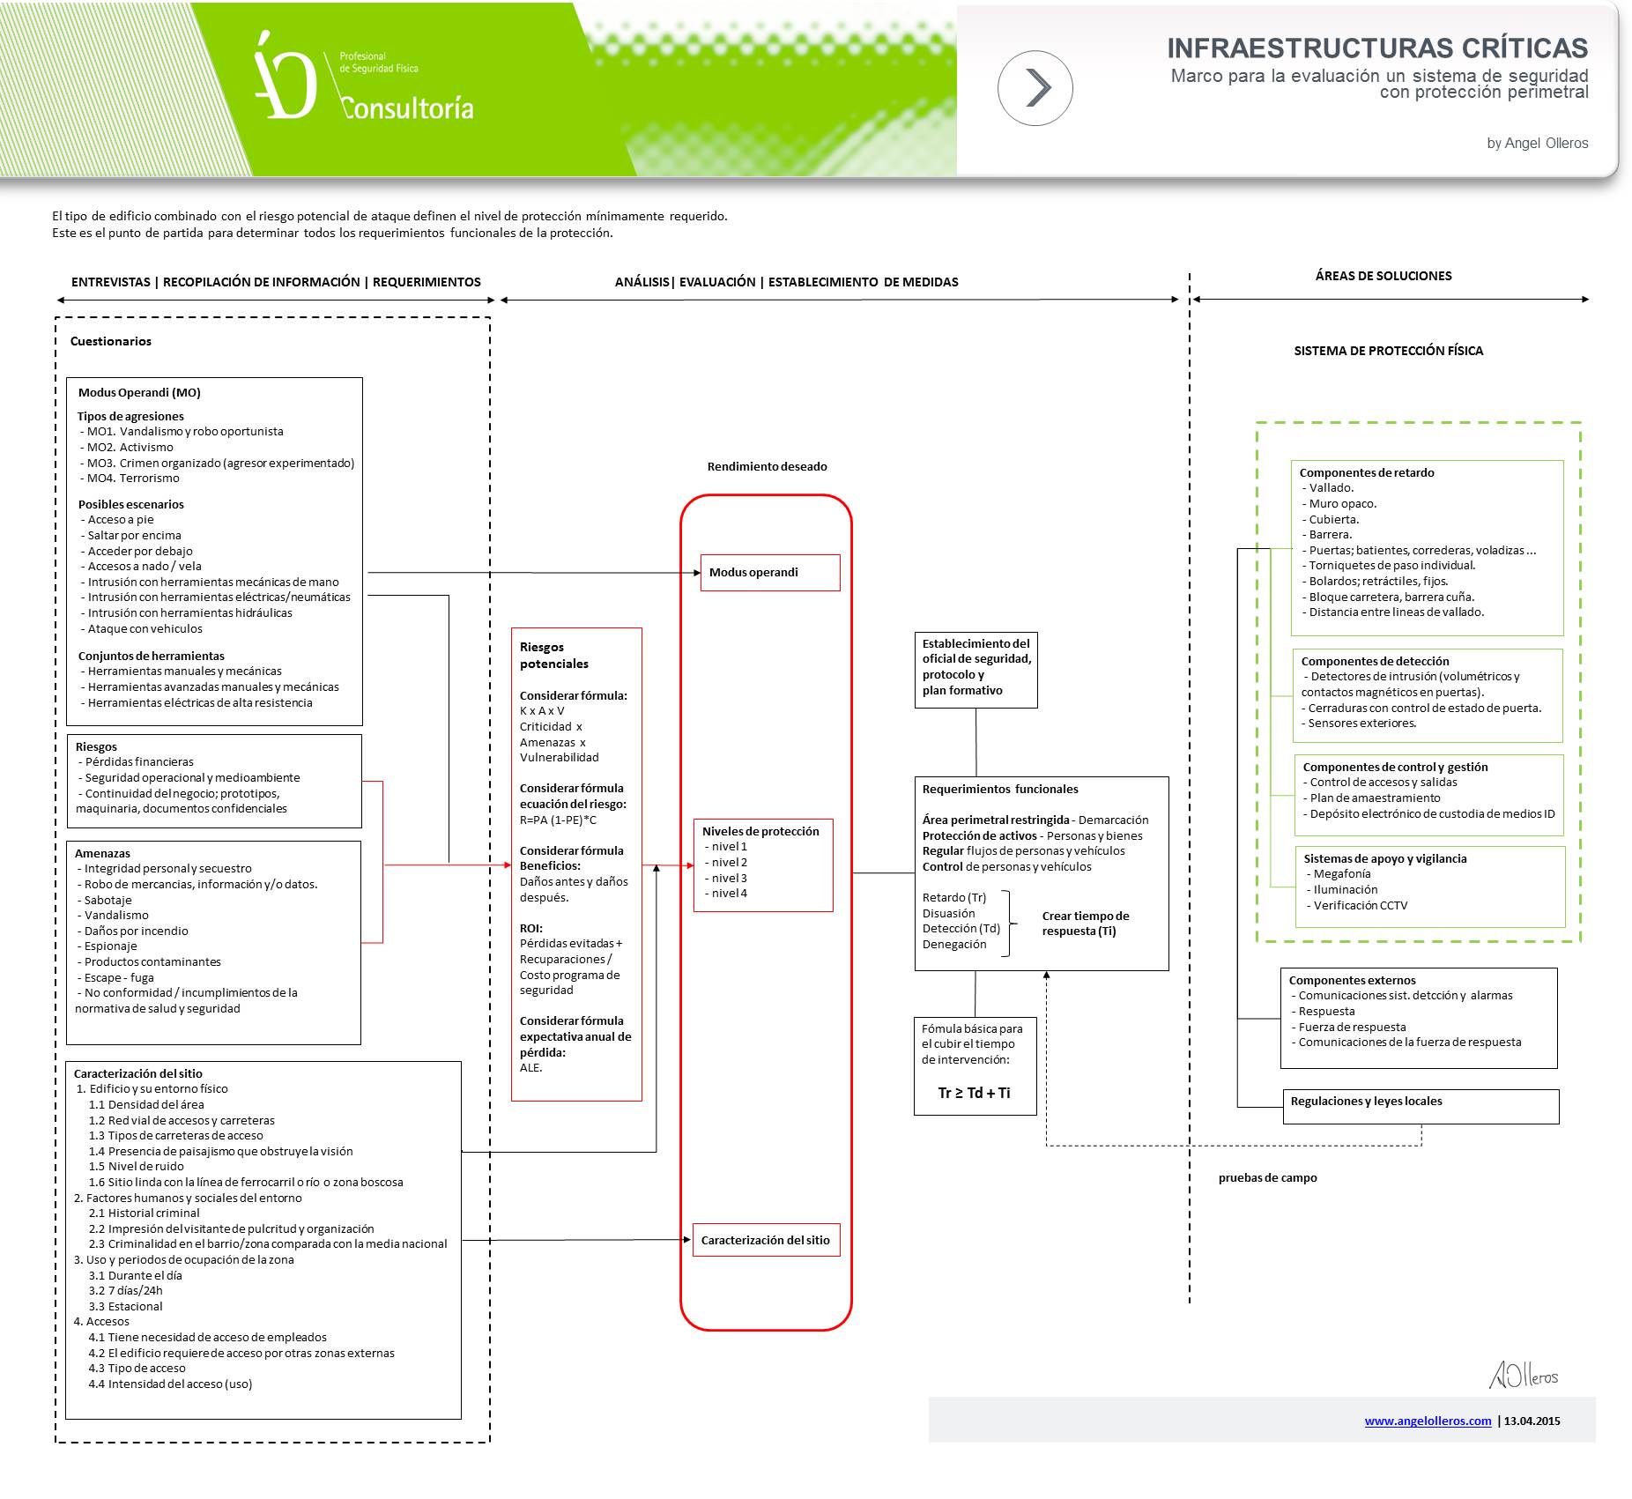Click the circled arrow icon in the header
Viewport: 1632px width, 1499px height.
pyautogui.click(x=1035, y=88)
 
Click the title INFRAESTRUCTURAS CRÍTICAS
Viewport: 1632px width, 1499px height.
pyautogui.click(x=1376, y=48)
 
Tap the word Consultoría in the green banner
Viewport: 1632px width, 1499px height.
pyautogui.click(x=407, y=108)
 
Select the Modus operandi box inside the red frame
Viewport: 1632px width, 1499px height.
pyautogui.click(x=769, y=573)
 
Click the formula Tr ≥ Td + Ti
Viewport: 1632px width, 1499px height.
pyautogui.click(x=974, y=1093)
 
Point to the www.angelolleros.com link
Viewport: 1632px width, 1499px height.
pyautogui.click(x=1428, y=1421)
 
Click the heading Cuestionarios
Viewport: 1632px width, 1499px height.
pyautogui.click(x=111, y=341)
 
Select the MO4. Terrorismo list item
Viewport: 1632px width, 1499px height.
pyautogui.click(x=133, y=479)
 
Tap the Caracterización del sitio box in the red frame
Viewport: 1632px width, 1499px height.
pyautogui.click(x=765, y=1240)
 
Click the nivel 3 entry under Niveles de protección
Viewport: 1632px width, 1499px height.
pyautogui.click(x=729, y=878)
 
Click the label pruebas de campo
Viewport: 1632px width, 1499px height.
pyautogui.click(x=1267, y=1177)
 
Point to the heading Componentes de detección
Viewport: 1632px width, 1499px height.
pyautogui.click(x=1375, y=661)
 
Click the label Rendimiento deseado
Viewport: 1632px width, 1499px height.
pyautogui.click(x=767, y=466)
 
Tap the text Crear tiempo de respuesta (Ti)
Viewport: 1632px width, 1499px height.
pyautogui.click(x=1085, y=923)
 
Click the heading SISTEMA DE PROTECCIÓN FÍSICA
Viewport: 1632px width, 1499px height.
pyautogui.click(x=1388, y=351)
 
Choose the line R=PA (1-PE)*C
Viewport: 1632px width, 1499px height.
pyautogui.click(x=558, y=820)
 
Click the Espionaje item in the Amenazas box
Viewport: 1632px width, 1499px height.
pyautogui.click(x=110, y=946)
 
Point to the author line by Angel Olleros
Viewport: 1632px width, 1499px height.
pyautogui.click(x=1537, y=143)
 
